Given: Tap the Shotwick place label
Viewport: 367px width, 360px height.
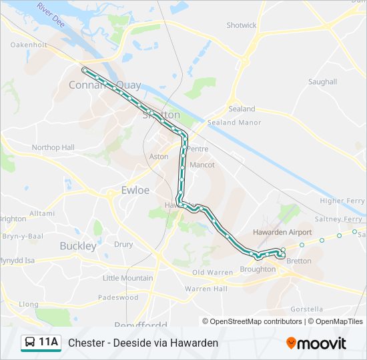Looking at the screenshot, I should (242, 25).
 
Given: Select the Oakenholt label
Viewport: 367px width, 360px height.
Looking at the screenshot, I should (29, 45).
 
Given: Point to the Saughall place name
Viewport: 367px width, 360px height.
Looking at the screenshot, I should (322, 82).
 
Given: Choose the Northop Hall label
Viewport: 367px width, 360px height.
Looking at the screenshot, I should (53, 147).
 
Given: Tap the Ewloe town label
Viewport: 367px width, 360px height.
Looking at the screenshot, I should (135, 190).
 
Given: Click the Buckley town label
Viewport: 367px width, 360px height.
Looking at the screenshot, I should (78, 245).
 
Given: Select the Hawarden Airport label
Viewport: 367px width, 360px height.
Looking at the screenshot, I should (282, 232).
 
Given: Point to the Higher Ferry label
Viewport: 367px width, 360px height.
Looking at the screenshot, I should (342, 201).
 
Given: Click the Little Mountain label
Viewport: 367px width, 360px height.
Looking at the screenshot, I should (127, 278).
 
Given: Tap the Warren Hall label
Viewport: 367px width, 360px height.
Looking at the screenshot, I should (206, 289).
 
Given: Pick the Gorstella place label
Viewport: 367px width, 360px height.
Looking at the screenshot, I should (307, 309).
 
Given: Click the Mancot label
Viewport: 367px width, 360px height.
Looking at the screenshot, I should (202, 164).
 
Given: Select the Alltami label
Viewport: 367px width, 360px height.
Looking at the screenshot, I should (42, 213).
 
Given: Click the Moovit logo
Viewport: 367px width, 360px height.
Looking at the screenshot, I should (316, 343).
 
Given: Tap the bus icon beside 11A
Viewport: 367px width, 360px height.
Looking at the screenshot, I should (29, 343).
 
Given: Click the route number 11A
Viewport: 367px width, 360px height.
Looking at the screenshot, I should (49, 343).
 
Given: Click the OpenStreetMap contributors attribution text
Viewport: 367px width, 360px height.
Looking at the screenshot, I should (256, 321).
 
